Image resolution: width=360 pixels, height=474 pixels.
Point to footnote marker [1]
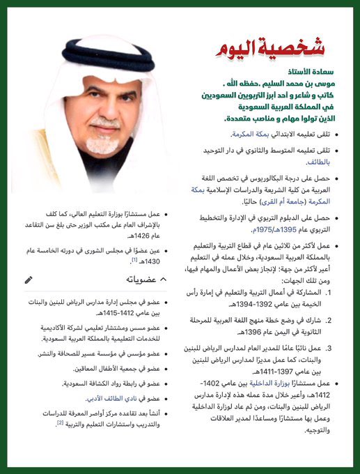134,259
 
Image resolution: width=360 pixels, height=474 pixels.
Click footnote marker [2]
60,422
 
